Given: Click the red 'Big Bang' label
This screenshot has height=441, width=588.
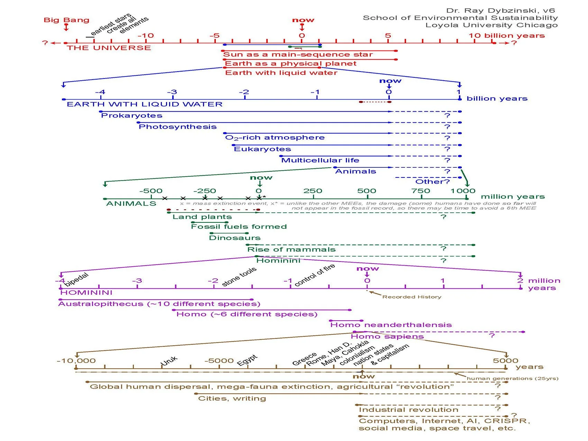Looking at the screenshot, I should point(66,20).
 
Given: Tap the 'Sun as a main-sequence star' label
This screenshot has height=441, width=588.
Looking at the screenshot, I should point(298,55).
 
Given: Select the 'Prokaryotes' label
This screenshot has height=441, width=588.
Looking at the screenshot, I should point(131,116).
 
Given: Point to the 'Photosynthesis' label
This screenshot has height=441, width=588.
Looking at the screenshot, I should point(177,127).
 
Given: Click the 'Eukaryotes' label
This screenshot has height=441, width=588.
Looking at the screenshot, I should point(262,149).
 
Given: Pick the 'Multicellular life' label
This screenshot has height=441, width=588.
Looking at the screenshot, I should point(320,160).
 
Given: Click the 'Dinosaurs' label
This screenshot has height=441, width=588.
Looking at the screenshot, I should point(235,238).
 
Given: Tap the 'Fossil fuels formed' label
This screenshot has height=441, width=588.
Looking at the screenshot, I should point(239,227).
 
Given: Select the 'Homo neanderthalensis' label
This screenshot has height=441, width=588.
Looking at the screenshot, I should point(391,325).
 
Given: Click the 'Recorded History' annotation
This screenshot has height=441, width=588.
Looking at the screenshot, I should point(412,297).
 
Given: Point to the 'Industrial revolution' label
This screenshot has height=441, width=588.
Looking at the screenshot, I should point(408,410).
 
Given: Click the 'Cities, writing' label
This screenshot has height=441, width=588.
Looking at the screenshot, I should point(232,398).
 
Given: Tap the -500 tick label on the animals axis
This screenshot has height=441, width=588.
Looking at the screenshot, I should point(151,191).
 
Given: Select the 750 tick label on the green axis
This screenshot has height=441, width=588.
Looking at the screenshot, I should point(421,191).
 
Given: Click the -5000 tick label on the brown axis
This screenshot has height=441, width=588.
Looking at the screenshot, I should point(219,361).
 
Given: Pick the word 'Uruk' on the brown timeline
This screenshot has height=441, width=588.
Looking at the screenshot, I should point(169,360).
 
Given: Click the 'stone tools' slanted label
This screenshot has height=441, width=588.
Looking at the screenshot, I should point(239,277).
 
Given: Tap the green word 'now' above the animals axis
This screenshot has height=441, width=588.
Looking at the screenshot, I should point(261,178).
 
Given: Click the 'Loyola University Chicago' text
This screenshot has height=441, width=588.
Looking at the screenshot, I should point(491,25).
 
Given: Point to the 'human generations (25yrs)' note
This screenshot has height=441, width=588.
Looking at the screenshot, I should point(512,378).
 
